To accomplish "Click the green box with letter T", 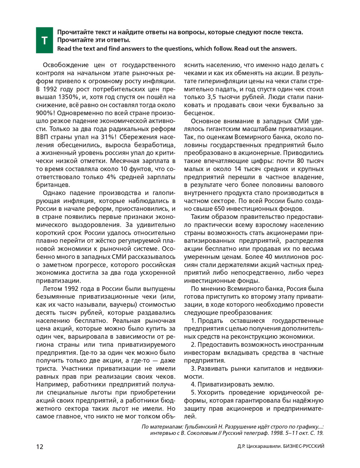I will pyautogui.click(x=44, y=40).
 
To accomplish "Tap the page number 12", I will pyautogui.click(x=40, y=447).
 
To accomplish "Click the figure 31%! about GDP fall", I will pyautogui.click(x=107, y=137).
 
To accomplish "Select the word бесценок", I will pyautogui.click(x=198, y=113).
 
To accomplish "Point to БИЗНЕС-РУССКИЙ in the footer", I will pyautogui.click(x=304, y=447).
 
